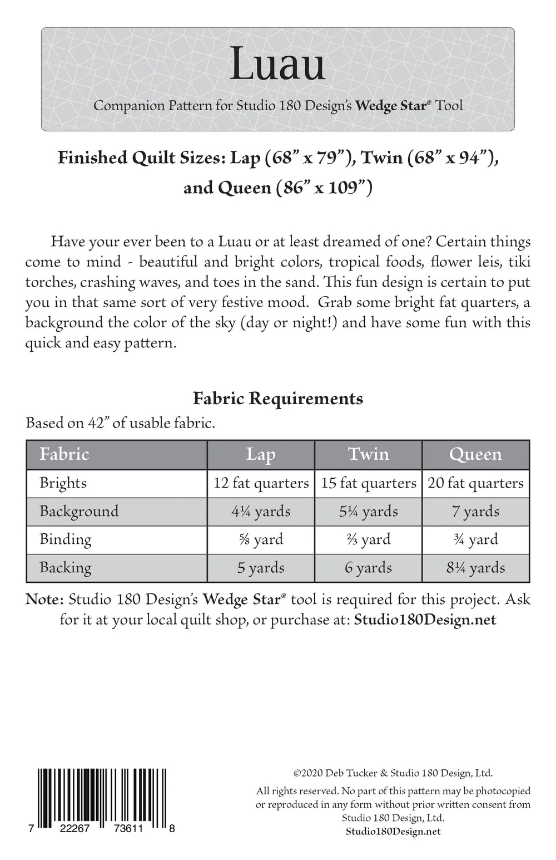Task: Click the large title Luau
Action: point(277,64)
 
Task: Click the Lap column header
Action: point(261,454)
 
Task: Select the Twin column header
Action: point(368,454)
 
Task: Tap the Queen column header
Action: point(475,454)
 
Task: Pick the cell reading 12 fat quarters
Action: point(261,483)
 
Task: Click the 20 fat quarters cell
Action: point(475,483)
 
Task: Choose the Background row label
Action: point(79,511)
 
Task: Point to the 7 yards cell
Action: point(475,511)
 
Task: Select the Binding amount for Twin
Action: point(368,539)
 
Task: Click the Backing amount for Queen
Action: point(475,568)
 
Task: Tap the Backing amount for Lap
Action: point(261,568)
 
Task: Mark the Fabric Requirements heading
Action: point(277,399)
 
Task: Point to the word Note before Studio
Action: point(44,599)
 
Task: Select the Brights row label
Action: point(63,483)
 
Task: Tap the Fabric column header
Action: point(64,454)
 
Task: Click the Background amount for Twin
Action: point(368,511)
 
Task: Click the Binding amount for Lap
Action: point(261,539)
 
